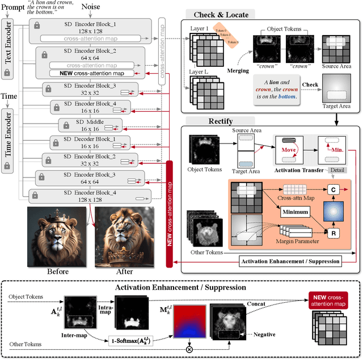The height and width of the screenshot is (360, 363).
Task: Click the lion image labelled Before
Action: click(56, 236)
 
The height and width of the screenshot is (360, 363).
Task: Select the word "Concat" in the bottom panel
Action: click(260, 304)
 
